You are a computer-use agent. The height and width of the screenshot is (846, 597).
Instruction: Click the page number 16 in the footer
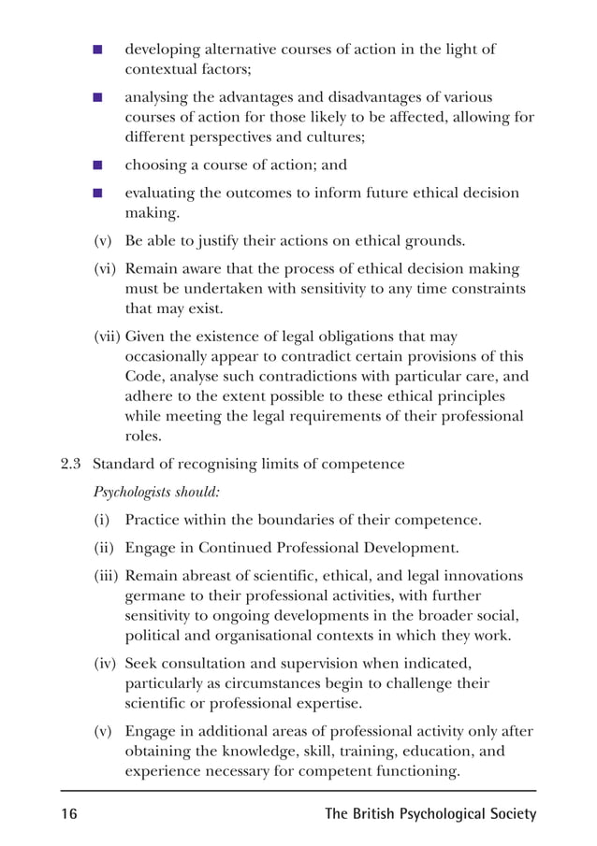tap(69, 814)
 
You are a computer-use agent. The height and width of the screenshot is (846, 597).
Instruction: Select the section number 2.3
tap(72, 464)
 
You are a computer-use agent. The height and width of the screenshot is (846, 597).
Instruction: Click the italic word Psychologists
tap(134, 491)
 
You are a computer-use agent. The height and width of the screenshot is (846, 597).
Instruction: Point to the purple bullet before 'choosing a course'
tap(97, 165)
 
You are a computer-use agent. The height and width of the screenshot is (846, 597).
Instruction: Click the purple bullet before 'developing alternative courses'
tap(97, 50)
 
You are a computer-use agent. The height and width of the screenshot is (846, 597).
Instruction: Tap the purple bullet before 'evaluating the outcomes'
tap(97, 194)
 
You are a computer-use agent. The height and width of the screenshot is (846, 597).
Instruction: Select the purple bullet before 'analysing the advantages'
tap(97, 97)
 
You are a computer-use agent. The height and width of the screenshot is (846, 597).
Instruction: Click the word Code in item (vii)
tap(145, 377)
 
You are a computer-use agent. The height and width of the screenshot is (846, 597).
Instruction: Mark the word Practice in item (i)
tap(153, 520)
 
